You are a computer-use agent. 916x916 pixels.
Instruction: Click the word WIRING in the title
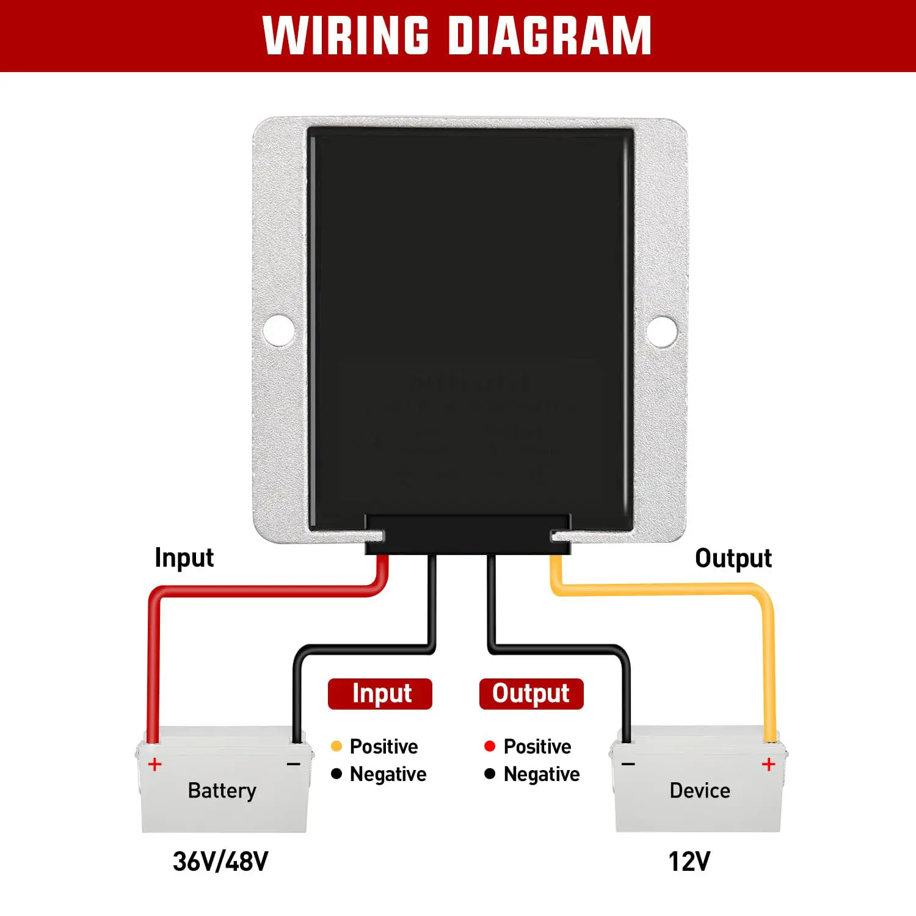click(x=346, y=35)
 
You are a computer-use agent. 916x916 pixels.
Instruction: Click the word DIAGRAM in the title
click(x=550, y=35)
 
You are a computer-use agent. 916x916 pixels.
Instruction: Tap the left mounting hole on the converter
click(x=278, y=330)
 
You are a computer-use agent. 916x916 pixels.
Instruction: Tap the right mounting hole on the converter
click(x=661, y=330)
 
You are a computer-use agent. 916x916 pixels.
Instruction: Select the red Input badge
click(x=380, y=694)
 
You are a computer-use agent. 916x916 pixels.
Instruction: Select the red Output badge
click(x=531, y=694)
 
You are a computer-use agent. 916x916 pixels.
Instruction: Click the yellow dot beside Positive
click(x=336, y=746)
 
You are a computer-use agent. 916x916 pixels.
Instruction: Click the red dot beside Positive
click(x=490, y=746)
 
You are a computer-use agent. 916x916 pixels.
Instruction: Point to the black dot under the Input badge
click(x=336, y=774)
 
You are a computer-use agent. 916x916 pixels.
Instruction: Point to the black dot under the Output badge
click(x=490, y=774)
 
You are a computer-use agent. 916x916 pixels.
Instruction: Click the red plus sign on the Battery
click(x=155, y=764)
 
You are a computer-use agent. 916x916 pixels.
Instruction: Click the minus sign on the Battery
click(x=293, y=764)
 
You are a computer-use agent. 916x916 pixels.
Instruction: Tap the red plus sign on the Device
click(x=768, y=764)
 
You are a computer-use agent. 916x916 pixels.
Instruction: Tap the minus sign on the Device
click(x=628, y=764)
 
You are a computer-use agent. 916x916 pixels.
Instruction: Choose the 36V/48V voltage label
click(x=220, y=862)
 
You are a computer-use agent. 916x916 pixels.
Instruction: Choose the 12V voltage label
click(x=689, y=862)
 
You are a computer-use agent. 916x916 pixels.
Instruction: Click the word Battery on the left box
click(x=222, y=791)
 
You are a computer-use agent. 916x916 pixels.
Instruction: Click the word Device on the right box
click(x=700, y=791)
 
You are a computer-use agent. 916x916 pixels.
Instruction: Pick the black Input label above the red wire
click(x=184, y=558)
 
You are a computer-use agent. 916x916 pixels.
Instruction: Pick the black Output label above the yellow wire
click(x=733, y=558)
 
